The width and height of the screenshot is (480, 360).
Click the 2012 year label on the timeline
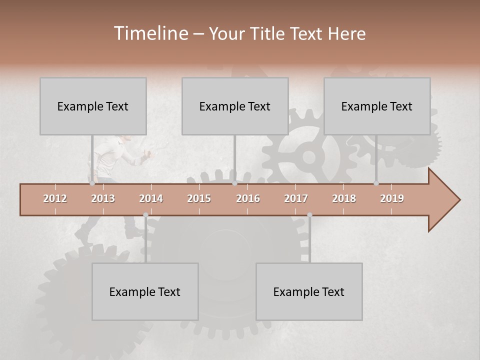coord(55,198)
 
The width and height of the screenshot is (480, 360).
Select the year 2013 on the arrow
coord(103,198)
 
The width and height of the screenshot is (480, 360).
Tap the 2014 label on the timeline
coord(151,198)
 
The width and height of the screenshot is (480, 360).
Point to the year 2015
coord(199,198)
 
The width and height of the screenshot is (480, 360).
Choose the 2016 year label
coord(248,198)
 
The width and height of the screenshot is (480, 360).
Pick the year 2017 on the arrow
coord(296,198)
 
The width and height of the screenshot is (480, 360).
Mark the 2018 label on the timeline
coord(344,198)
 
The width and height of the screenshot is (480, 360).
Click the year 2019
coord(392,198)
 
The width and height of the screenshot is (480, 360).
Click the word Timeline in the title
coord(150,33)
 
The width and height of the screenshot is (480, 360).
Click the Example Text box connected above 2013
coord(93,106)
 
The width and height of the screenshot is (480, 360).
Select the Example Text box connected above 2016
coord(235,106)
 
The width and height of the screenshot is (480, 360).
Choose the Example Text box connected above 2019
coord(377,106)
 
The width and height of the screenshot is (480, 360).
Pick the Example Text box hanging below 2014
coord(145,291)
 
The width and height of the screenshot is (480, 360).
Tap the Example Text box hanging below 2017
coord(309,291)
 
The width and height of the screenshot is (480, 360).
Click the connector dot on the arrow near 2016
coord(235,183)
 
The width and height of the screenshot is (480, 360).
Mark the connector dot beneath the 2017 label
coord(310,215)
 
